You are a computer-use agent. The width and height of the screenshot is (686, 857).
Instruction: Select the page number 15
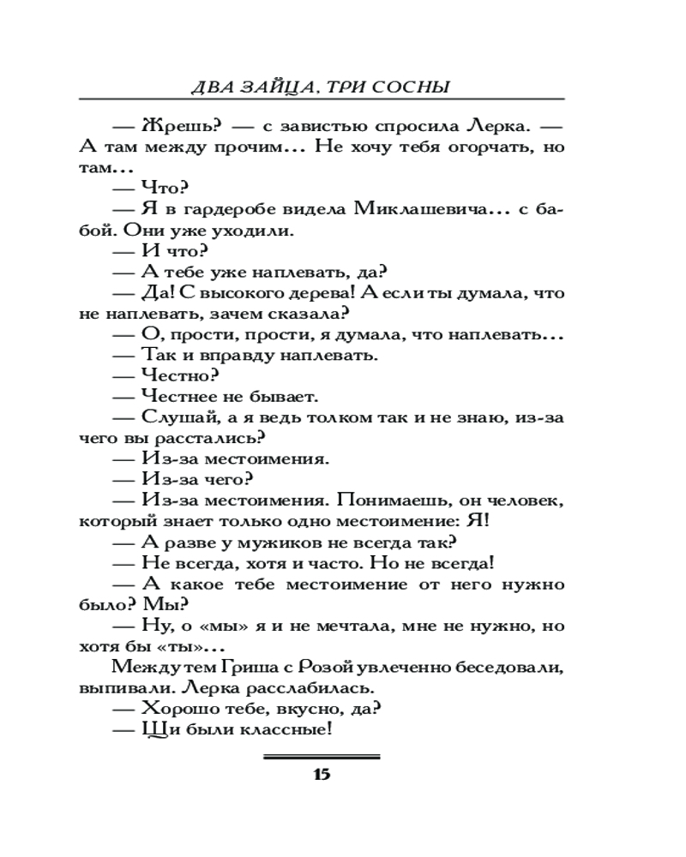[x=322, y=776]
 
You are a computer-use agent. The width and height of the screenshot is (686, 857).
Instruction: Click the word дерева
[x=304, y=293]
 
